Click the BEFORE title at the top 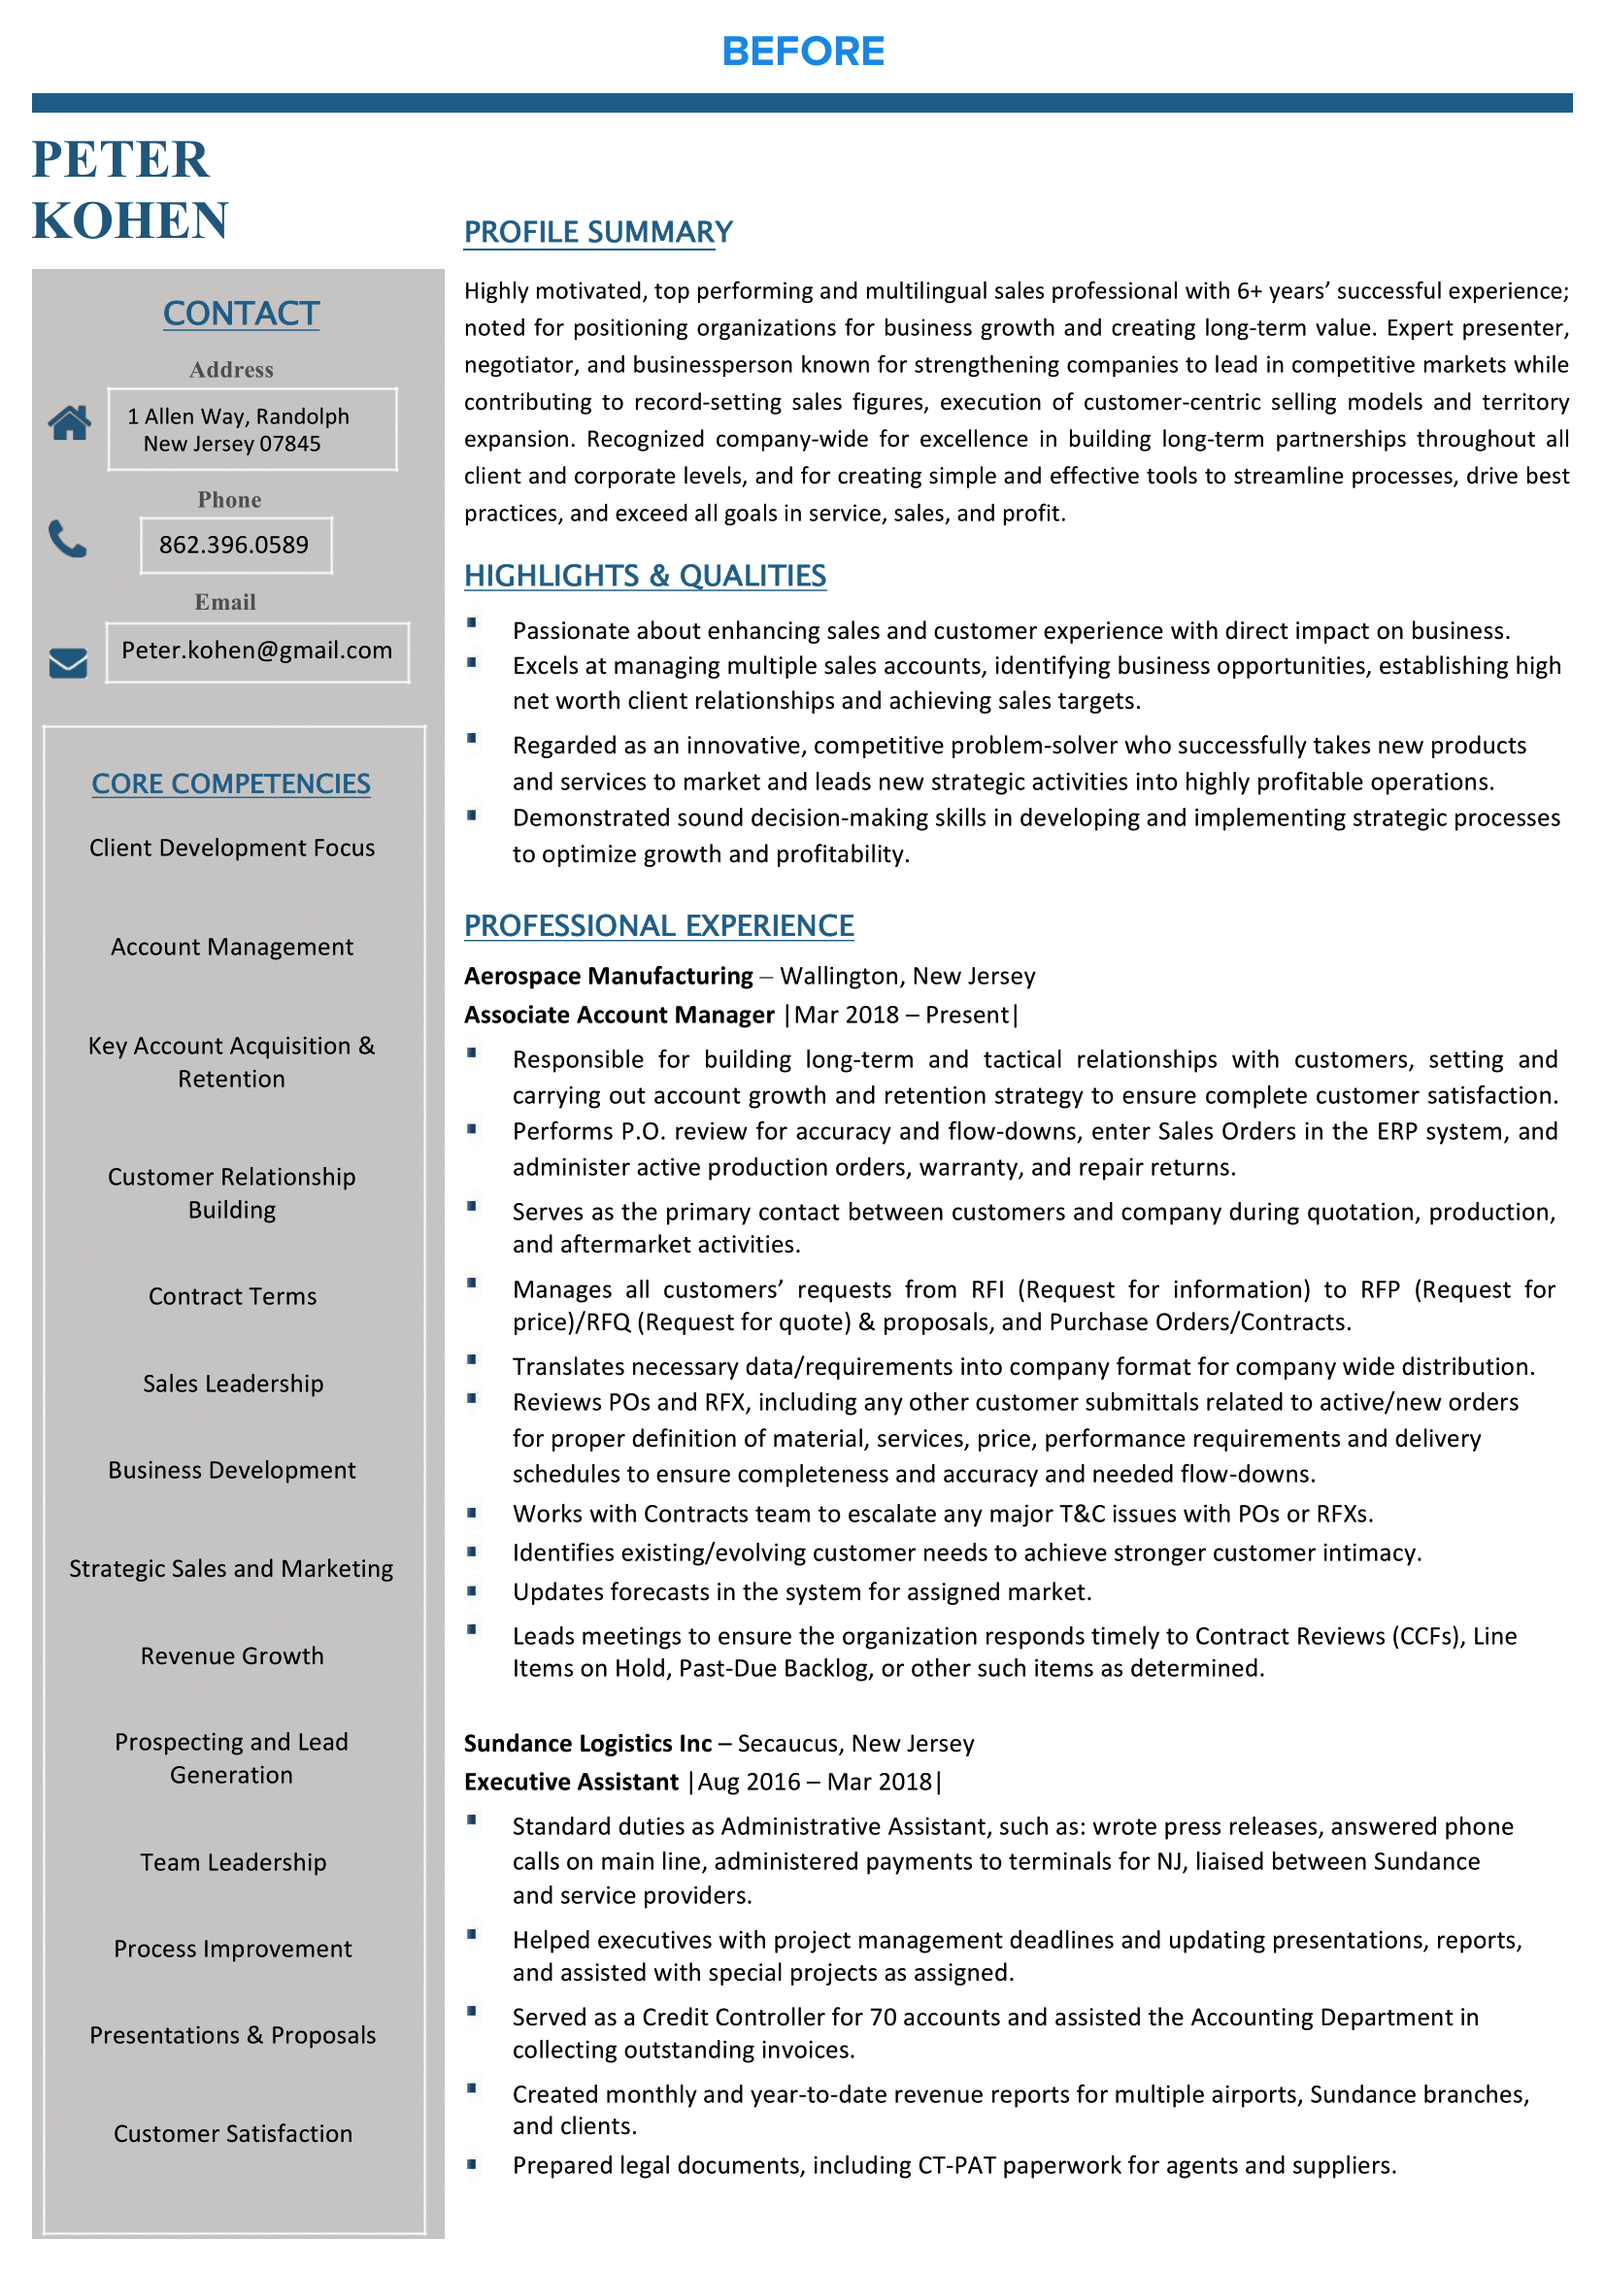802,51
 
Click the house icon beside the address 69,422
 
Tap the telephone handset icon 67,539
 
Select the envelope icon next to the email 68,663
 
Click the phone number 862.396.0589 233,545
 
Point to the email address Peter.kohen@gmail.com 256,651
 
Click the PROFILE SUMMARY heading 598,232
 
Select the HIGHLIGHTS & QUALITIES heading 645,576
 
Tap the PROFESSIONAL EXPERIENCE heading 658,926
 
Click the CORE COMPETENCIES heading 230,784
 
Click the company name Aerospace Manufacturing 608,976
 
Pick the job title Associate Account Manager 619,1015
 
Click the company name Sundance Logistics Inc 587,1743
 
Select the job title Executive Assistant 571,1782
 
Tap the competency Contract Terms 232,1297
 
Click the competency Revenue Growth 231,1655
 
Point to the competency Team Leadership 232,1862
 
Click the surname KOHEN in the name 130,220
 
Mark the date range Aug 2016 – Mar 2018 815,1782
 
